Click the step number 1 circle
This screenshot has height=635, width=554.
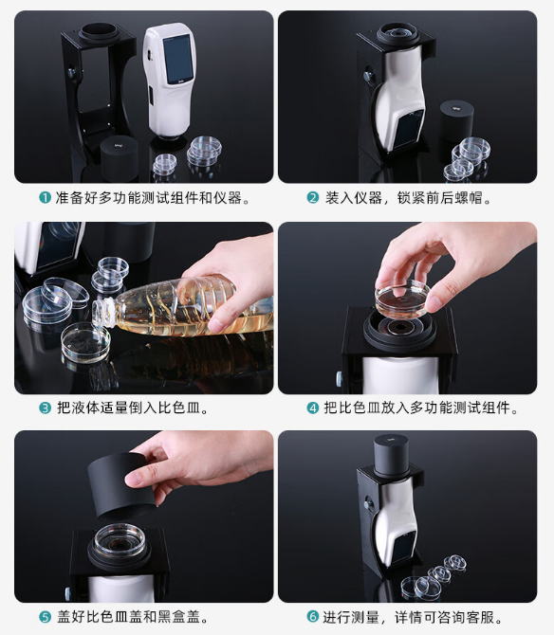click(x=45, y=198)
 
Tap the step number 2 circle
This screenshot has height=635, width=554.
click(x=312, y=198)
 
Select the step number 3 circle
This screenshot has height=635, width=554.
click(x=45, y=408)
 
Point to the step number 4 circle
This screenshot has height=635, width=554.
click(x=312, y=408)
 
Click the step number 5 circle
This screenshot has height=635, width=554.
click(x=45, y=617)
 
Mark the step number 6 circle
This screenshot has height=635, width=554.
click(x=312, y=617)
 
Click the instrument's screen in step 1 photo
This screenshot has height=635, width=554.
click(x=178, y=59)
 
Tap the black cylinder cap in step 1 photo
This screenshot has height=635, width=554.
click(x=119, y=158)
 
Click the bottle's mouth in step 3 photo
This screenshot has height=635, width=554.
click(x=99, y=312)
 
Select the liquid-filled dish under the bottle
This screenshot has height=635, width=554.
click(x=85, y=342)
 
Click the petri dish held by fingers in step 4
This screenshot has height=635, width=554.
click(x=403, y=299)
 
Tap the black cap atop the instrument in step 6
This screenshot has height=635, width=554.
click(x=391, y=456)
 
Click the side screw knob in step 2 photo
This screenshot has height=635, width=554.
click(x=369, y=77)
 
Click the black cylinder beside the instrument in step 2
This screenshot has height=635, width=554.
click(x=456, y=120)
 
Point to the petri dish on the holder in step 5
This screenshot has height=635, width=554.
click(x=120, y=540)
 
